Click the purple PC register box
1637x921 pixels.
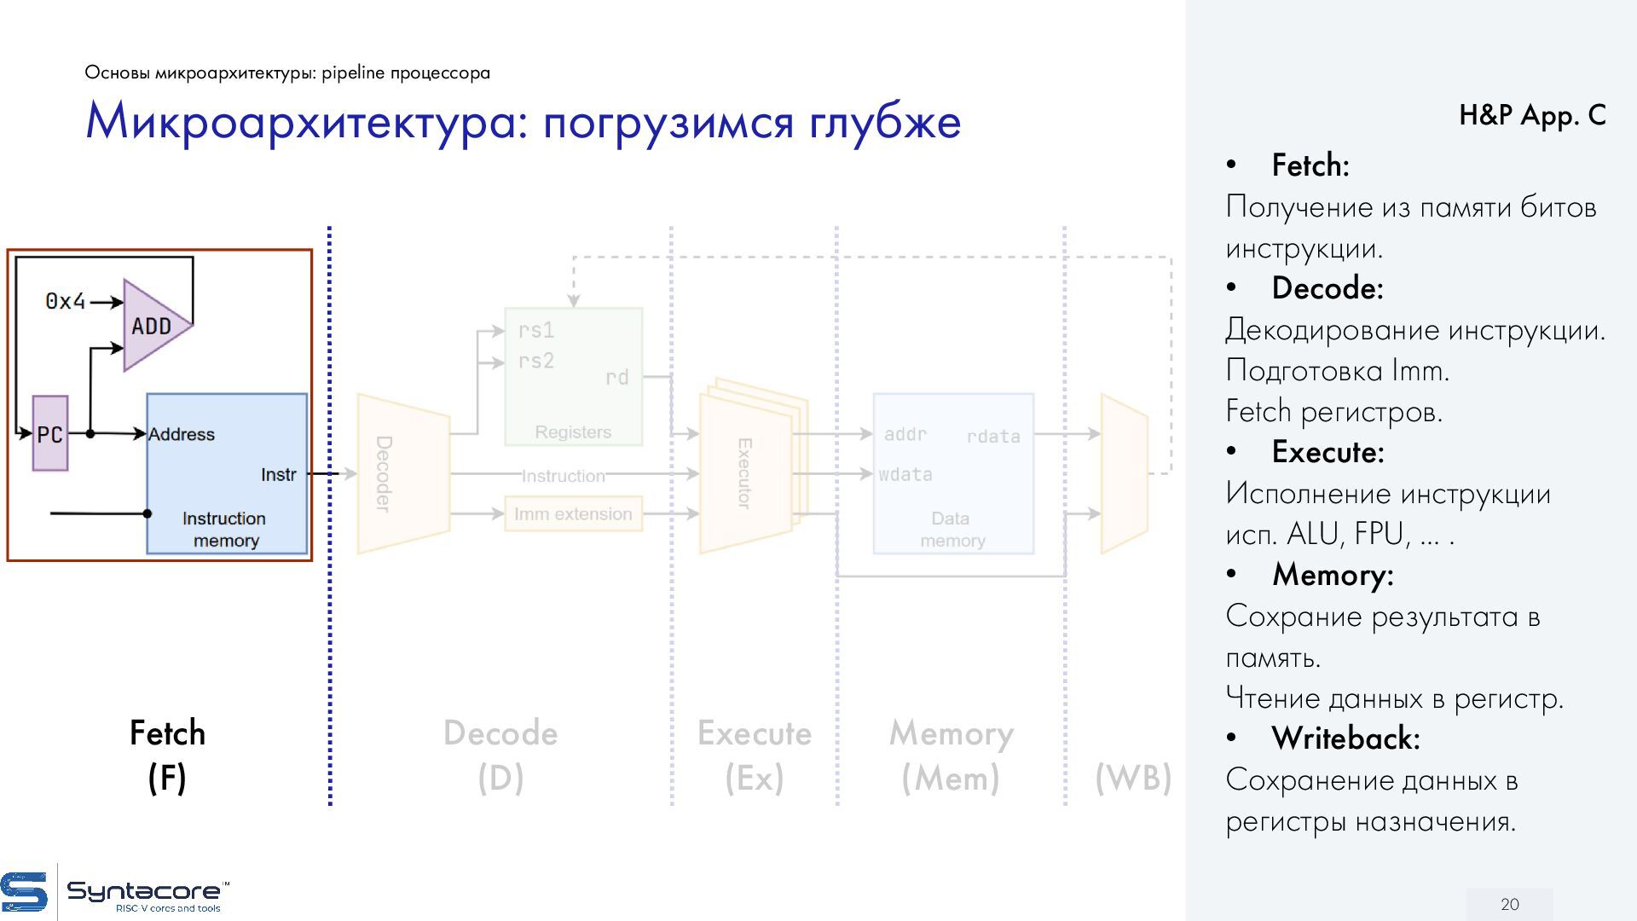[x=50, y=433]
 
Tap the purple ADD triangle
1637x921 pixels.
[x=153, y=325]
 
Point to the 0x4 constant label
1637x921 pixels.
[x=66, y=301]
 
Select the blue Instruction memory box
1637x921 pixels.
[x=226, y=486]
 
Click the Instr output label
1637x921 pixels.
[x=279, y=474]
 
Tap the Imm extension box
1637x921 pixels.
[x=573, y=514]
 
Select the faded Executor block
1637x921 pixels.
[x=745, y=473]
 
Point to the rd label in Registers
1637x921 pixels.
[x=616, y=377]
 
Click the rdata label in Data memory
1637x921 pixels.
[x=992, y=437]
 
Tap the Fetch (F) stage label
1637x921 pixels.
[x=167, y=755]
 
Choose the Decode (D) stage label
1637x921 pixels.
[x=500, y=755]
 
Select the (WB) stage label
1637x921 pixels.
[x=1133, y=778]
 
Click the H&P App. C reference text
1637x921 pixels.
[x=1531, y=115]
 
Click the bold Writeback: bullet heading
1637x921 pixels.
[x=1345, y=739]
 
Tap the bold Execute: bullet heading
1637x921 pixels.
[x=1328, y=452]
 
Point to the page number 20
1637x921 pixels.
[x=1509, y=904]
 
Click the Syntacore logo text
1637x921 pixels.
[x=143, y=892]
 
